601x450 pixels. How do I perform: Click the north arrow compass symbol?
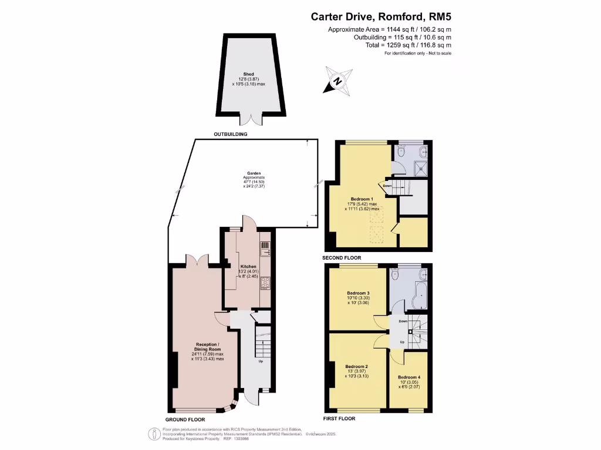coord(337,82)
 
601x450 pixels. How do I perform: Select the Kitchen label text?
coord(248,266)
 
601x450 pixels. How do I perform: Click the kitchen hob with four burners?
coord(265,283)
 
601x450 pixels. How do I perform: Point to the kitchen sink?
coord(265,248)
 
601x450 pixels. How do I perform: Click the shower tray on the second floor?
coord(419,167)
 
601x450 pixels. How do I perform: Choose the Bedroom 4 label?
coord(409,377)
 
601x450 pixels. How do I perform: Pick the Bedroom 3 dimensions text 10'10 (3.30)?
coord(358,299)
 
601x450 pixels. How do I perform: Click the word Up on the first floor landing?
coord(402,342)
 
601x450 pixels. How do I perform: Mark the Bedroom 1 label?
coord(362,199)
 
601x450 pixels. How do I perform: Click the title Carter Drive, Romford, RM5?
coord(381,17)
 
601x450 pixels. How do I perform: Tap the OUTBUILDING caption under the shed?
coord(229,134)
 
